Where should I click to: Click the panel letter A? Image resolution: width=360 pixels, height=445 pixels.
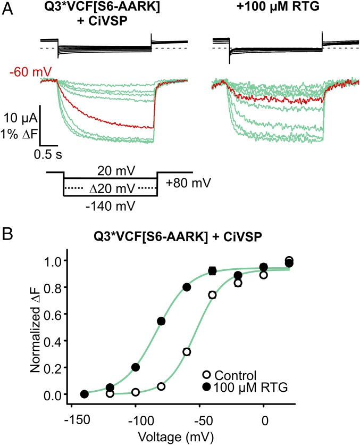[x=7, y=9]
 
